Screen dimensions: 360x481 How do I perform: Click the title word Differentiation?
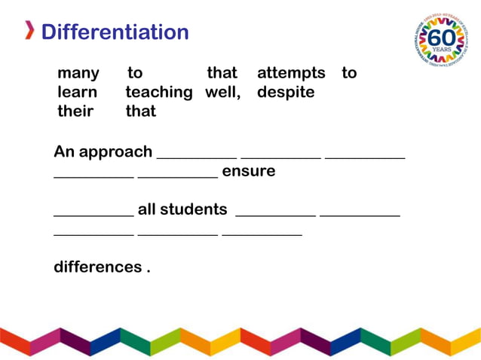point(115,32)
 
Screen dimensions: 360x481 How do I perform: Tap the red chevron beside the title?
point(29,32)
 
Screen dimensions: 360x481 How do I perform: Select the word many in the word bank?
point(78,73)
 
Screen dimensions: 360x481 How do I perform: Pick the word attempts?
point(291,73)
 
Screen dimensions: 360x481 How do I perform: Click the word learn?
point(77,93)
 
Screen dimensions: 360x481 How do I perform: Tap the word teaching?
point(159,93)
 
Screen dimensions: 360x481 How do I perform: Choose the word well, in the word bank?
point(222,93)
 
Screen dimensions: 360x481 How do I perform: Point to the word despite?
point(286,93)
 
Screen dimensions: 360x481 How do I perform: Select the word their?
point(75,111)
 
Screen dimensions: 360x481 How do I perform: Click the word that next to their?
point(141,111)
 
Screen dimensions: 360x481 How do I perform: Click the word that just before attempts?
point(222,73)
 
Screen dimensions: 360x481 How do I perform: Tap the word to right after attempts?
point(349,73)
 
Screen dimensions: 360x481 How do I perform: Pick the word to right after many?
point(135,73)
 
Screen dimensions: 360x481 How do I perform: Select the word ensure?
point(249,172)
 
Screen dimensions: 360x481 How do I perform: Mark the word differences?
point(98,267)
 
